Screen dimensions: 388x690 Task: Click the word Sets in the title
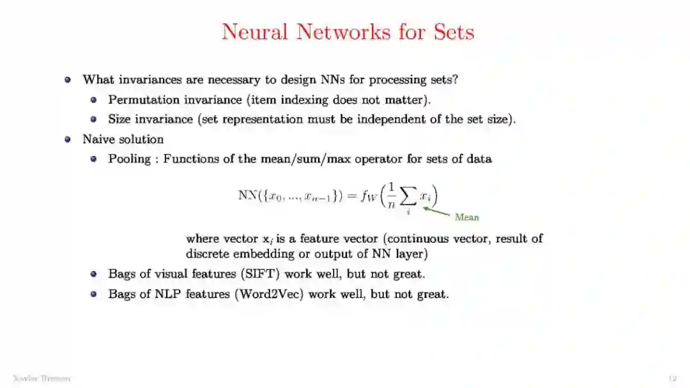pyautogui.click(x=453, y=31)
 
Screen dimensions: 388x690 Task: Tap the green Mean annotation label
pyautogui.click(x=466, y=217)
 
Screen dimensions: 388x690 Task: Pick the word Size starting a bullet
pyautogui.click(x=119, y=119)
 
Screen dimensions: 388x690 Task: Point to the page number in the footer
pyautogui.click(x=671, y=378)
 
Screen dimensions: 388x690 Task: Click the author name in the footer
pyautogui.click(x=41, y=378)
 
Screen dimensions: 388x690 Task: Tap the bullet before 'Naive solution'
pyautogui.click(x=68, y=139)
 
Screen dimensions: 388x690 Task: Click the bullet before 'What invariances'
pyautogui.click(x=68, y=80)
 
